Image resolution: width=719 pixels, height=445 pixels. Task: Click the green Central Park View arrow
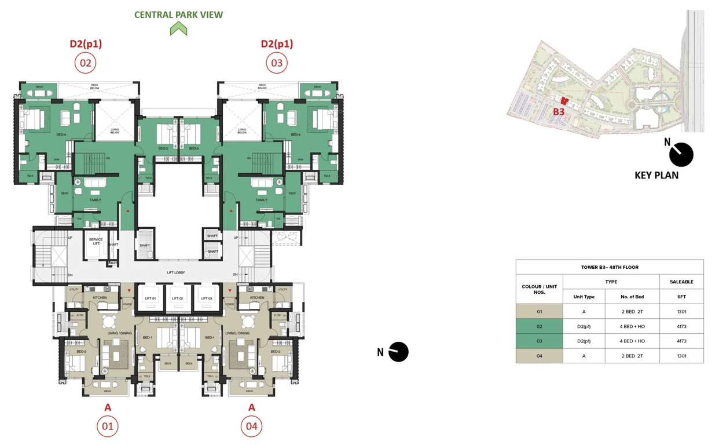pos(178,28)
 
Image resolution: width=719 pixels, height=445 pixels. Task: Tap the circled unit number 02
pos(85,63)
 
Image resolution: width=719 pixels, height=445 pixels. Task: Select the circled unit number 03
pos(277,63)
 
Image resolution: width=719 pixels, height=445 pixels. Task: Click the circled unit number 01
pos(107,426)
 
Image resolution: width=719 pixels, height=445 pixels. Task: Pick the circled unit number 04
pos(251,426)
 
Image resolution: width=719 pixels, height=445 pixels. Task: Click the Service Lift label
pos(96,241)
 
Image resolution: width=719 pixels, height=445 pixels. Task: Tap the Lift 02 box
pos(178,298)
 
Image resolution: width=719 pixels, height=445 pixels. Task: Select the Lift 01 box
pos(151,298)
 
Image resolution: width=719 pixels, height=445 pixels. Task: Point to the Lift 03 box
pos(205,298)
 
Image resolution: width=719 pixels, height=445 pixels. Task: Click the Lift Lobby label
pos(177,271)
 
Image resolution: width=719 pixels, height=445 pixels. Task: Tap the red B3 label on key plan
pos(558,111)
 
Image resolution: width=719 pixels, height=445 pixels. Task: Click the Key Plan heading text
pos(656,175)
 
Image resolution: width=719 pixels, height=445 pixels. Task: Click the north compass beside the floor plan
pos(398,352)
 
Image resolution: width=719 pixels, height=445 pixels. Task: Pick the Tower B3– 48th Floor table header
pos(610,267)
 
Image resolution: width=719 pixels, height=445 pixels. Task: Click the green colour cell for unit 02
pos(539,326)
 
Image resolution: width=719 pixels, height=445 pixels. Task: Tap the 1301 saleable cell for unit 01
pos(681,312)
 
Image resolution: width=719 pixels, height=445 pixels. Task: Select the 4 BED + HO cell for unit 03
pos(632,341)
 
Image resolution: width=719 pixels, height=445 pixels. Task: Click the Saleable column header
pos(681,282)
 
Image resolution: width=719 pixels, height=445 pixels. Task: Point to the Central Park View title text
pos(178,14)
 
